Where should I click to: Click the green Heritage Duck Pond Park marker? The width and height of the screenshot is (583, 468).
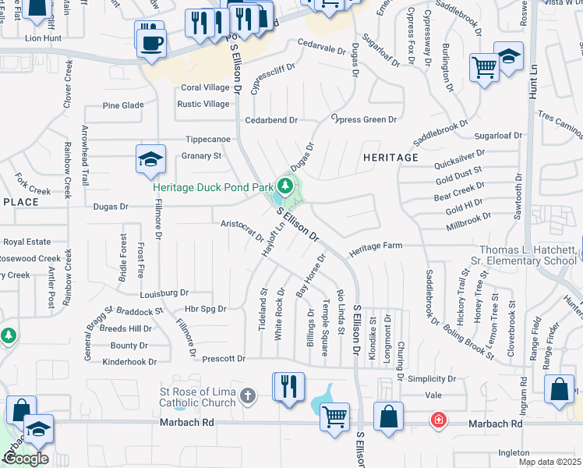click(x=286, y=186)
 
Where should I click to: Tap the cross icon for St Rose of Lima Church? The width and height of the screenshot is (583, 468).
click(x=248, y=395)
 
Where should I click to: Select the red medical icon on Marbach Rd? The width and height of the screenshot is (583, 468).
click(x=439, y=421)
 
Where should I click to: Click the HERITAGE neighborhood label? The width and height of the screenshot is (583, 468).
click(x=390, y=158)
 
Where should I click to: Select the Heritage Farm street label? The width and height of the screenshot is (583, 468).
click(x=376, y=246)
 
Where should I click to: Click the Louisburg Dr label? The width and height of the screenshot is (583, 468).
click(x=164, y=293)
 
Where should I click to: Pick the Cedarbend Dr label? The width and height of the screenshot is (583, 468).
click(x=271, y=120)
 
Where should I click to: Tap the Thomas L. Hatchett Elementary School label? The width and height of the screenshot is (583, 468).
click(x=527, y=254)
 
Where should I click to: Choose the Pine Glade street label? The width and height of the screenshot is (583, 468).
click(x=123, y=105)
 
